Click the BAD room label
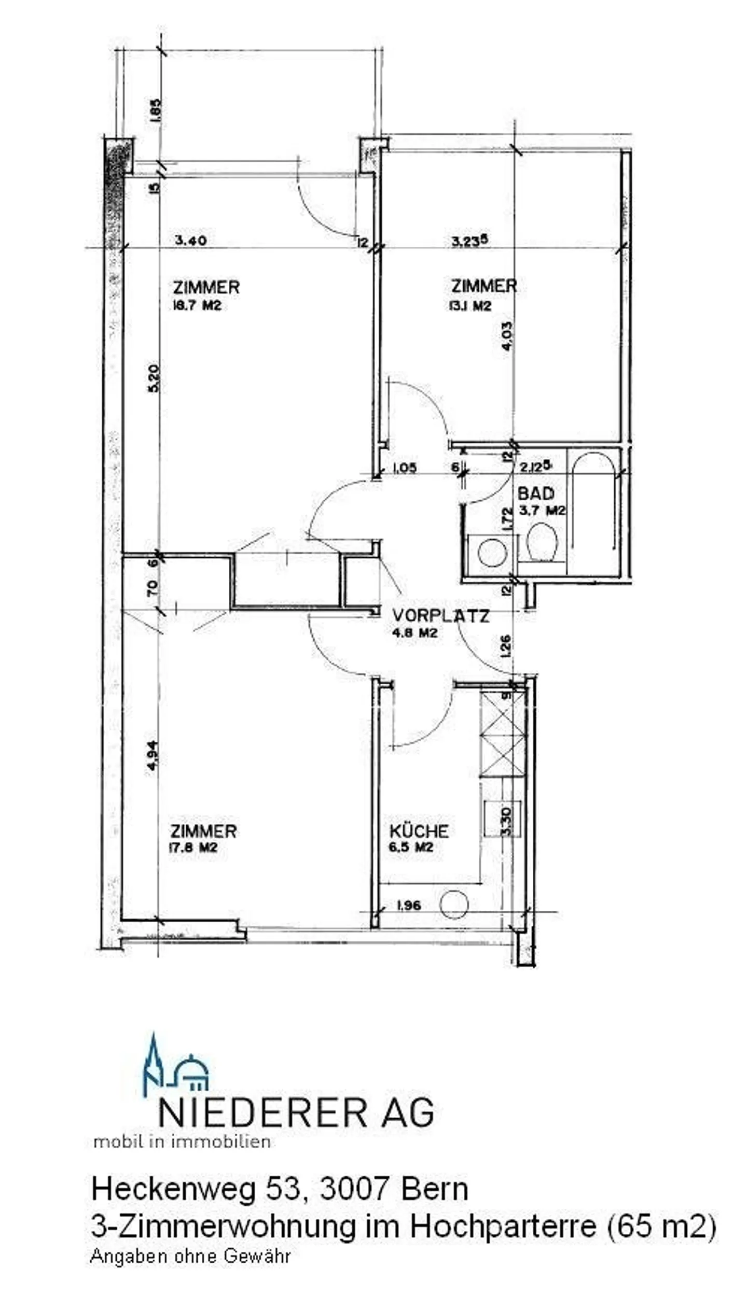click(x=535, y=493)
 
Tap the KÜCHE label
click(x=418, y=831)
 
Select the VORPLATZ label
click(x=440, y=616)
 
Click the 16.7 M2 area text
click(x=197, y=306)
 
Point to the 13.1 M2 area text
click(x=470, y=306)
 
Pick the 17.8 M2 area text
click(x=193, y=848)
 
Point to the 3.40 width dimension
click(x=191, y=240)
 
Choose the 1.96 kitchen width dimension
click(x=408, y=905)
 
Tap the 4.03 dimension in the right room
click(x=507, y=335)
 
